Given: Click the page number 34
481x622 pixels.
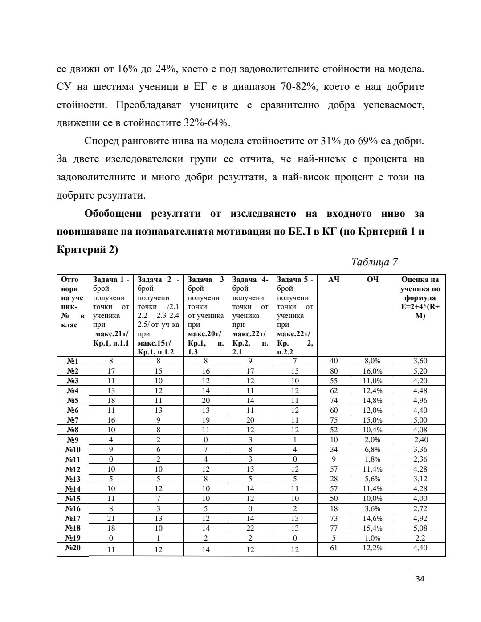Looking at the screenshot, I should click(x=420, y=579).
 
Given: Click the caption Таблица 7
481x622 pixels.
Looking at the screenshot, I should click(x=374, y=262).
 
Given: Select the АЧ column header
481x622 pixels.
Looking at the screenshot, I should click(x=334, y=280).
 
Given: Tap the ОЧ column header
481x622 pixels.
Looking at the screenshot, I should click(x=373, y=280).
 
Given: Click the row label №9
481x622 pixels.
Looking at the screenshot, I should click(x=73, y=439).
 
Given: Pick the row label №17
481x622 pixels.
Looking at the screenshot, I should click(x=73, y=518).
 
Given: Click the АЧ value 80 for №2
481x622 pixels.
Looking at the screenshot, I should click(x=334, y=371).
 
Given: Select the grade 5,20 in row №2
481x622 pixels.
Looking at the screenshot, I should click(x=420, y=371).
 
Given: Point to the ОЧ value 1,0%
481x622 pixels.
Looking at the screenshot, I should click(x=372, y=538).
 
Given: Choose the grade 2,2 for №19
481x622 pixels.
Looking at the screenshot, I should click(x=420, y=538).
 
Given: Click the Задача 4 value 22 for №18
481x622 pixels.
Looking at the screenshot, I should click(x=250, y=528).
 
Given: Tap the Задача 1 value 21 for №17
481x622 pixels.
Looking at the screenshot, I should click(x=111, y=518).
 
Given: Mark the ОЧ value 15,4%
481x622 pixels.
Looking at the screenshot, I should click(x=372, y=528).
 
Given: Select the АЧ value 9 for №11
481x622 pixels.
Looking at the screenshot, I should click(x=334, y=459).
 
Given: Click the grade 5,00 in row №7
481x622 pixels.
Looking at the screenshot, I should click(x=420, y=420).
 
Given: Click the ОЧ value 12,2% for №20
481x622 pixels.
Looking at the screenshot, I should click(x=372, y=548).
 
